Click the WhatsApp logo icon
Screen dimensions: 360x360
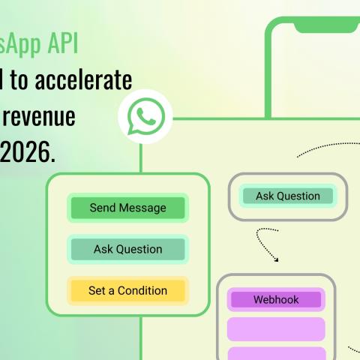click(145, 118)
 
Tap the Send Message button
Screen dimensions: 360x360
click(127, 208)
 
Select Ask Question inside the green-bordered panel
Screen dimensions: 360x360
click(127, 249)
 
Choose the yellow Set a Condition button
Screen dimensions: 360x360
click(127, 290)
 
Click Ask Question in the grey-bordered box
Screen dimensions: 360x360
click(288, 196)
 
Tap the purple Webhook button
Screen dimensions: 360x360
click(275, 299)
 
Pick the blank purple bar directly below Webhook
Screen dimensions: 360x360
click(275, 328)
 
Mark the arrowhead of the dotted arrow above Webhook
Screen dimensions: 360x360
click(276, 259)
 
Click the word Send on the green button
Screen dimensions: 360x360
click(103, 208)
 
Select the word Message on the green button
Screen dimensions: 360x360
click(143, 208)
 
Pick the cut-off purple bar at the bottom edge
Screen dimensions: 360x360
click(275, 353)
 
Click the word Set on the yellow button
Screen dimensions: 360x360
click(97, 290)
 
